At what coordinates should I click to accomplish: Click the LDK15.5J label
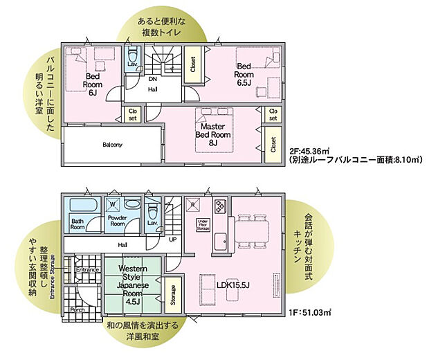pyautogui.click(x=234, y=285)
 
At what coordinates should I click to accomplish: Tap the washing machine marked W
pyautogui.click(x=113, y=205)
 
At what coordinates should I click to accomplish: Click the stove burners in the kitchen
pyautogui.click(x=220, y=207)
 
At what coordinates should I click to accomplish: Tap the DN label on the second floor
pyautogui.click(x=152, y=79)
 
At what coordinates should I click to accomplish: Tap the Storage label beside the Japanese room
pyautogui.click(x=173, y=294)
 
